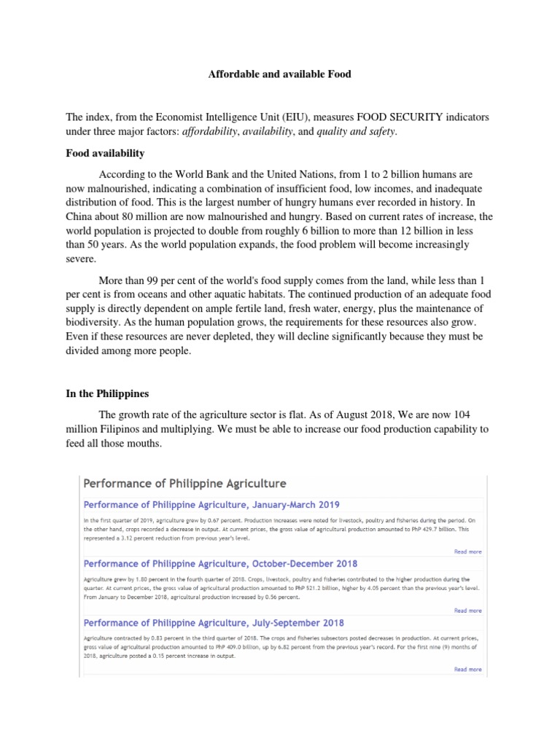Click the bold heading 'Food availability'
point(105,154)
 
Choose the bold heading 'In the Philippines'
point(107,393)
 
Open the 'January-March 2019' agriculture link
point(211,504)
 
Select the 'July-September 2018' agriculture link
point(214,623)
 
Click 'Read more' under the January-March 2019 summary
point(467,551)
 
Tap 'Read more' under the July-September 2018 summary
point(467,669)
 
